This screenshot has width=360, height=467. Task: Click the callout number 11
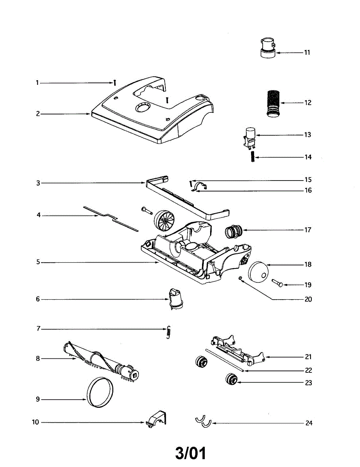coord(307,53)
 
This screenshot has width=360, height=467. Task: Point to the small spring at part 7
coord(168,332)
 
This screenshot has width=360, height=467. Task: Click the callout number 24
coord(309,423)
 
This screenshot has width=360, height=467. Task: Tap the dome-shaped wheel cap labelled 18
coord(258,271)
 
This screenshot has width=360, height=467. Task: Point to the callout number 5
coord(38,263)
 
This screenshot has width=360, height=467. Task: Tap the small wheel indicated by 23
coord(232,379)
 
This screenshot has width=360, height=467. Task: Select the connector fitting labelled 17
coord(234,232)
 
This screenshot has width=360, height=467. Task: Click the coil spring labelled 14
coord(253,158)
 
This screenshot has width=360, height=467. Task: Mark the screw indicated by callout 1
coord(115,83)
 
